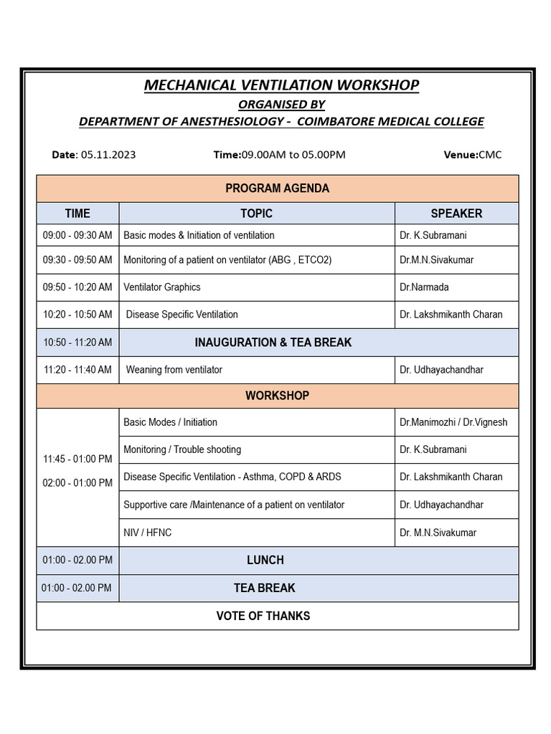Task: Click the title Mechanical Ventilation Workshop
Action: (281, 85)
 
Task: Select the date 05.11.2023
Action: (108, 155)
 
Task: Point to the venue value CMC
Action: (490, 155)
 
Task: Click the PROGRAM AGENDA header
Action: (277, 189)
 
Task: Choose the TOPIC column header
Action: (256, 214)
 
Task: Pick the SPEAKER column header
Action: (456, 214)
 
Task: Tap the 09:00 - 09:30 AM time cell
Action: (77, 235)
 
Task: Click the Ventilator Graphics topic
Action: (162, 287)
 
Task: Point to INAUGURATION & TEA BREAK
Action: (273, 343)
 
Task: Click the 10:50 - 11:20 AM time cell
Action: (77, 343)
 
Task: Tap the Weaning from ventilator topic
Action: (174, 370)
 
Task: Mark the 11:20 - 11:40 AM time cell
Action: (77, 370)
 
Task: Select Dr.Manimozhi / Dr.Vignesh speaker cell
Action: (453, 422)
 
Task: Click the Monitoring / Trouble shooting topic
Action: (182, 450)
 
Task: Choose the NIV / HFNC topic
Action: (147, 533)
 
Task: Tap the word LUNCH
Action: (265, 561)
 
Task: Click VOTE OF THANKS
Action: (263, 616)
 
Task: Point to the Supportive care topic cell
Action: (234, 505)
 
